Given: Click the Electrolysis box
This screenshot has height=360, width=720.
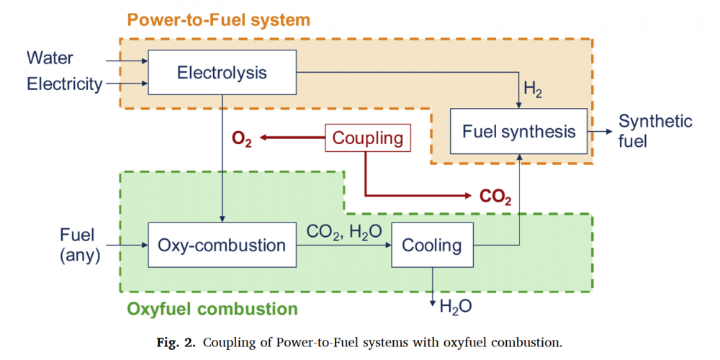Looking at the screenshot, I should (222, 73).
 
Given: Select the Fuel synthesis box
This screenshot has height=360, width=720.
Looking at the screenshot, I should (518, 131).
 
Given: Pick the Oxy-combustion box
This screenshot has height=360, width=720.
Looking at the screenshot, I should (222, 246).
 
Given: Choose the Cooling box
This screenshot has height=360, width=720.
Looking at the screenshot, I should (432, 246).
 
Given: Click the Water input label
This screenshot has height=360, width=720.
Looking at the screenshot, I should (50, 57).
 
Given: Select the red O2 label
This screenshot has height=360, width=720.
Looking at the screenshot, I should (242, 139).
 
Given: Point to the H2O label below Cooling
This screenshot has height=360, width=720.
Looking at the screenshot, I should (456, 306).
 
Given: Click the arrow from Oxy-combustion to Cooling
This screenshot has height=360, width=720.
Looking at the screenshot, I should (343, 246).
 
